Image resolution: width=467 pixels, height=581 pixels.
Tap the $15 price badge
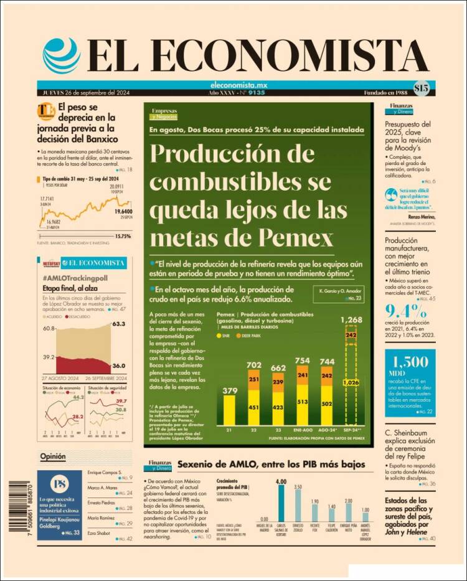[x=421, y=88]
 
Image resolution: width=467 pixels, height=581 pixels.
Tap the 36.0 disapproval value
[x=118, y=366]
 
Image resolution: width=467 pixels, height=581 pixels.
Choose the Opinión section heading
[x=53, y=456]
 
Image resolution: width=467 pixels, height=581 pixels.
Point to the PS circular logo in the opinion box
[x=59, y=485]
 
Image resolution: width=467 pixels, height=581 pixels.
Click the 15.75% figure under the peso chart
[x=123, y=236]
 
